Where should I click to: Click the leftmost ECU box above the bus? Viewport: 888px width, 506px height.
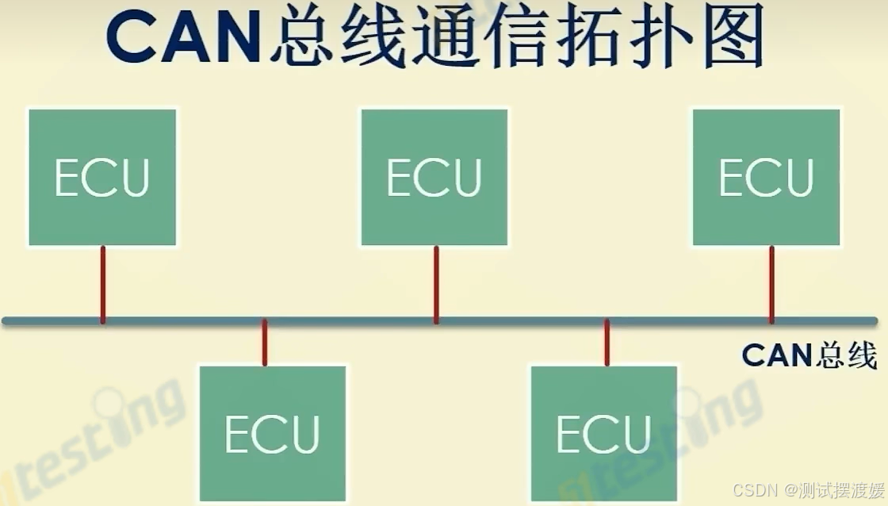point(102,178)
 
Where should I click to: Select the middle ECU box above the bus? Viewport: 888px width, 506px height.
point(434,178)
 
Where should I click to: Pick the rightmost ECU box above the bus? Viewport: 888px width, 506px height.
point(766,178)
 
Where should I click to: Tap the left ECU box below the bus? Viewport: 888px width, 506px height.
point(273,433)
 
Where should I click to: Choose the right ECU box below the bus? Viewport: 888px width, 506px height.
point(604,433)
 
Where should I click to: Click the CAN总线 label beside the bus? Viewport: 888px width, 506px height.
point(809,355)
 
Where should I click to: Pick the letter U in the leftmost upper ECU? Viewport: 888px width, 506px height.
point(134,178)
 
